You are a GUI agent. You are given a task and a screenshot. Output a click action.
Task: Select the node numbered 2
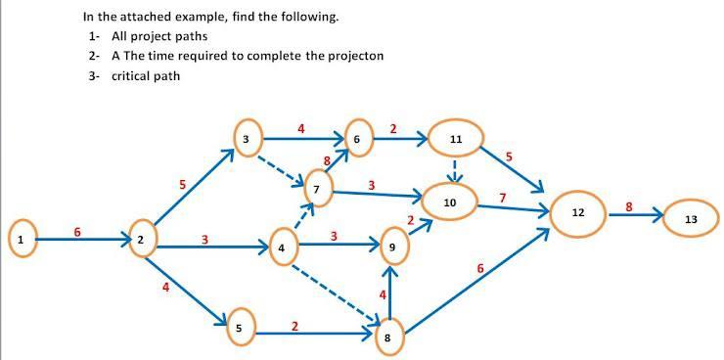(142, 239)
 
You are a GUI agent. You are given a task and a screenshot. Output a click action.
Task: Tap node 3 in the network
(247, 140)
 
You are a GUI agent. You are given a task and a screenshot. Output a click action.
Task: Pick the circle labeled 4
(282, 248)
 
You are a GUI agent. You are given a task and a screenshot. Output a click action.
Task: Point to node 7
(317, 186)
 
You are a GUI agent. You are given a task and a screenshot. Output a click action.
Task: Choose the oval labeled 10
(451, 202)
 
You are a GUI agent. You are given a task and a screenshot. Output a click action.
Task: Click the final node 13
(692, 219)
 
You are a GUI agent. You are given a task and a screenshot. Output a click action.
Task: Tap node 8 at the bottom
(389, 337)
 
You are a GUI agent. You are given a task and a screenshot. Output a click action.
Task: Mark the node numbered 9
(392, 248)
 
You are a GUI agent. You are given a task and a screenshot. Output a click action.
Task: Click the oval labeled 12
(577, 212)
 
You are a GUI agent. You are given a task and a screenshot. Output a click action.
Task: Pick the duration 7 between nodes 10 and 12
(503, 198)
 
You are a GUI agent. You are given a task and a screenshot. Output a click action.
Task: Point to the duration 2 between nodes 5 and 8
(295, 326)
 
